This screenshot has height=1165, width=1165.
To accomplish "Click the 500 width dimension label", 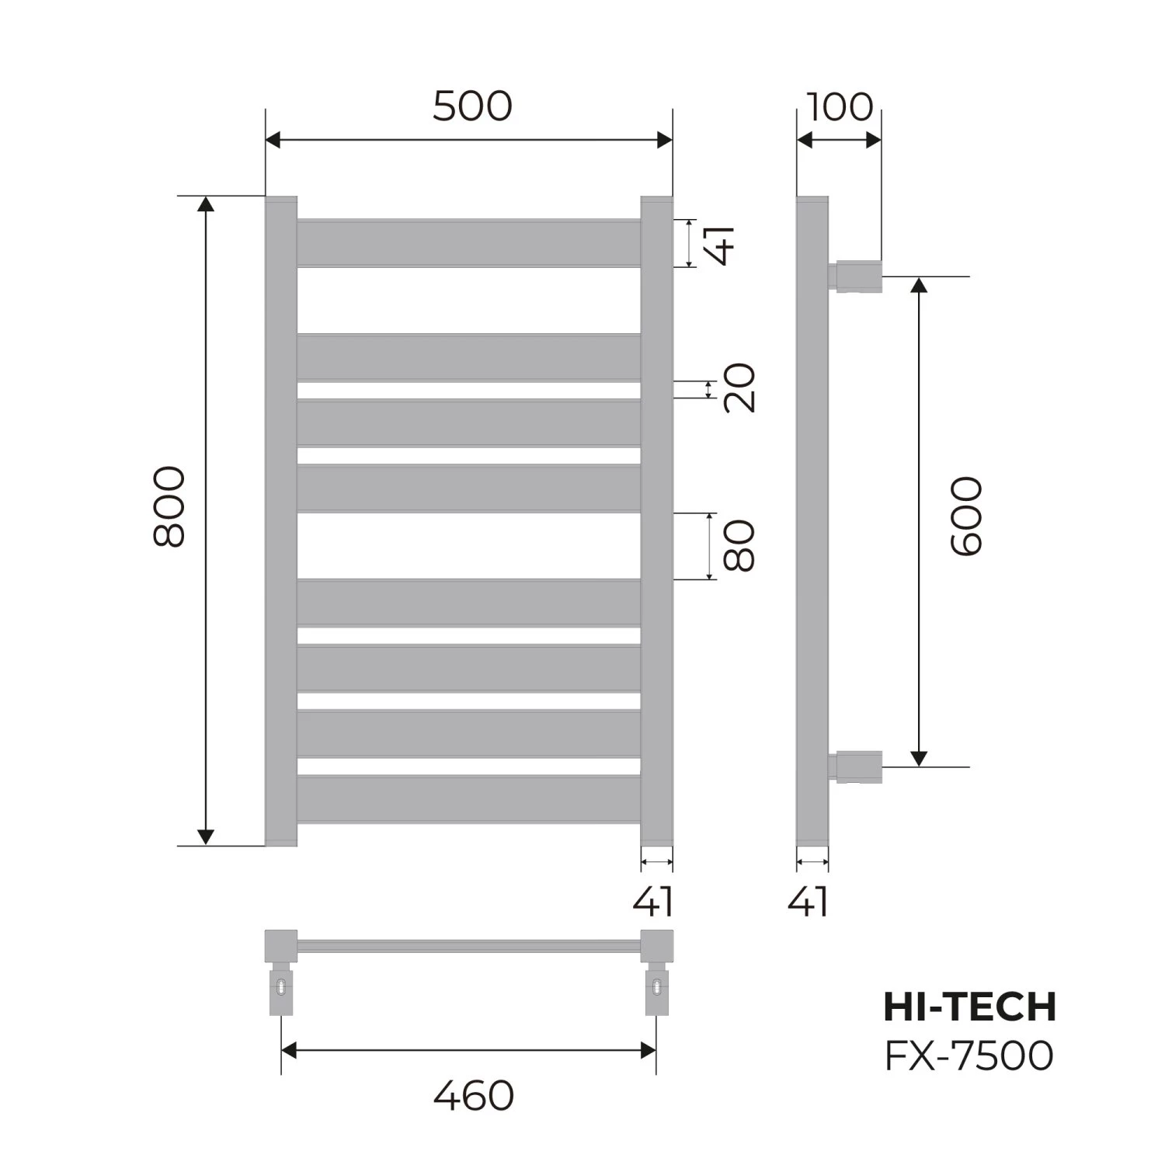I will (472, 106).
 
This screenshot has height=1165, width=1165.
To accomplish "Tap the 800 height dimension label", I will (169, 506).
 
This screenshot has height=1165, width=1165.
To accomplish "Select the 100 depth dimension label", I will (840, 107).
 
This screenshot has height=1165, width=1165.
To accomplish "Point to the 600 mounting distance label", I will (966, 516).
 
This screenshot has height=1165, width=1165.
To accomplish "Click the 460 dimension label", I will (473, 1096).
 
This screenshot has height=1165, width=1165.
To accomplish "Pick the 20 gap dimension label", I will (739, 388).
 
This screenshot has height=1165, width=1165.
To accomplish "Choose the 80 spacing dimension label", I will (739, 546).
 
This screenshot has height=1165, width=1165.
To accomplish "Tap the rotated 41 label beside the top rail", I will (720, 245).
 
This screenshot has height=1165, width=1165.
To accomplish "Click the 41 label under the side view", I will (809, 902).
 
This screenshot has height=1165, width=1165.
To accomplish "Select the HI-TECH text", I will (970, 1007).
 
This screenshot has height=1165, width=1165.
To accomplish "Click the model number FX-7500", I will (969, 1055).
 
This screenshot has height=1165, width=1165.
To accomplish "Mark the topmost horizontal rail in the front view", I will (468, 243).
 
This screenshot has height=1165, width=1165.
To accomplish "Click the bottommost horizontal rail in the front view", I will (468, 798).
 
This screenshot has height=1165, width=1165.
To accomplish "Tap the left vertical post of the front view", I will (281, 520).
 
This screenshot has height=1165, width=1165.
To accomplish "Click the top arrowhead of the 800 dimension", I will (205, 204).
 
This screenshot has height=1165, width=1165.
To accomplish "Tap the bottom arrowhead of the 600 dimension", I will (919, 758).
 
